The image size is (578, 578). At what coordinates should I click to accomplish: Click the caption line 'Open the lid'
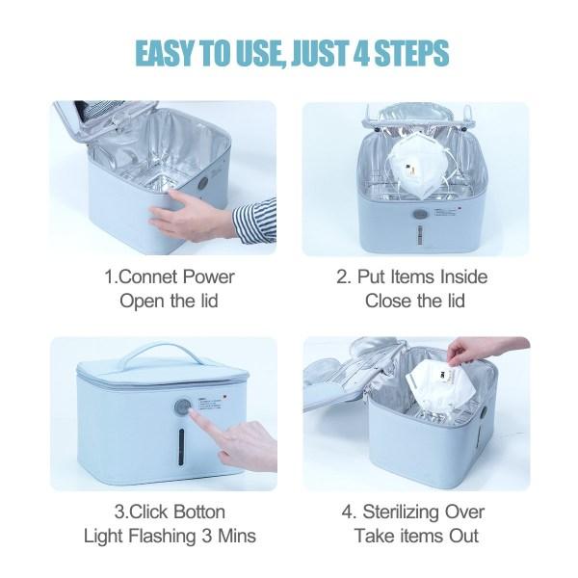pyautogui.click(x=169, y=301)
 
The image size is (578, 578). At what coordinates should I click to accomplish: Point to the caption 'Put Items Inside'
pyautogui.click(x=413, y=276)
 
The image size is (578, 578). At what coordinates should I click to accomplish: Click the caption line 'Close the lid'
pyautogui.click(x=414, y=301)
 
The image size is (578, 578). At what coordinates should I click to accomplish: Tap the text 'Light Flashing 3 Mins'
pyautogui.click(x=169, y=537)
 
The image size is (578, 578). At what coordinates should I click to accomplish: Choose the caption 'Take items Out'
pyautogui.click(x=415, y=537)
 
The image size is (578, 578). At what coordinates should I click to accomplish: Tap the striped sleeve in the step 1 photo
pyautogui.click(x=255, y=219)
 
